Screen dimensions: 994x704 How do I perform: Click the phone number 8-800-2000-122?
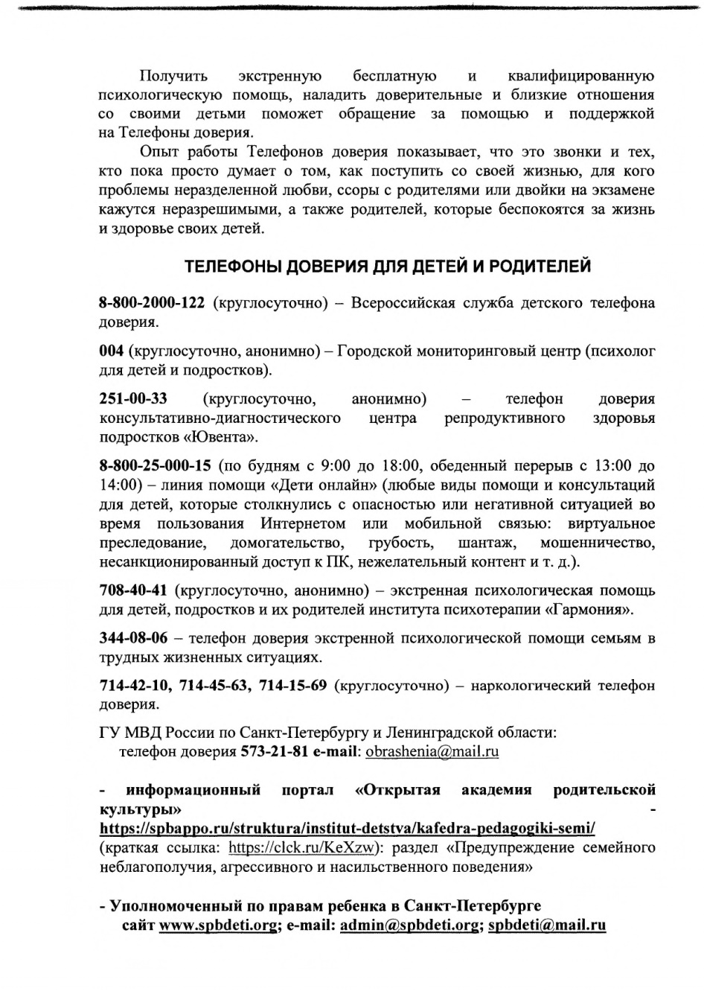click(152, 303)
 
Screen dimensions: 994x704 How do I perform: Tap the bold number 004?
click(112, 351)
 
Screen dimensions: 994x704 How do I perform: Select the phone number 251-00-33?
click(133, 398)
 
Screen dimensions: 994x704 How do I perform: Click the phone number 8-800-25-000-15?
click(156, 466)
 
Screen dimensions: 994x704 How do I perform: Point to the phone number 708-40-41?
click(133, 590)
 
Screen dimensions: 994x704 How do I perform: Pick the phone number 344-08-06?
click(133, 638)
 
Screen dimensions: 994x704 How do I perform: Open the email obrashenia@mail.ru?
click(432, 751)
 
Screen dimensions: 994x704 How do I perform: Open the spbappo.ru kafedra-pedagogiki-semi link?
click(347, 828)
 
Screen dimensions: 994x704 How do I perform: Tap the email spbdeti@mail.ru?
click(547, 925)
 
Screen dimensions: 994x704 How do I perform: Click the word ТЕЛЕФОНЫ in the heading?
click(234, 266)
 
